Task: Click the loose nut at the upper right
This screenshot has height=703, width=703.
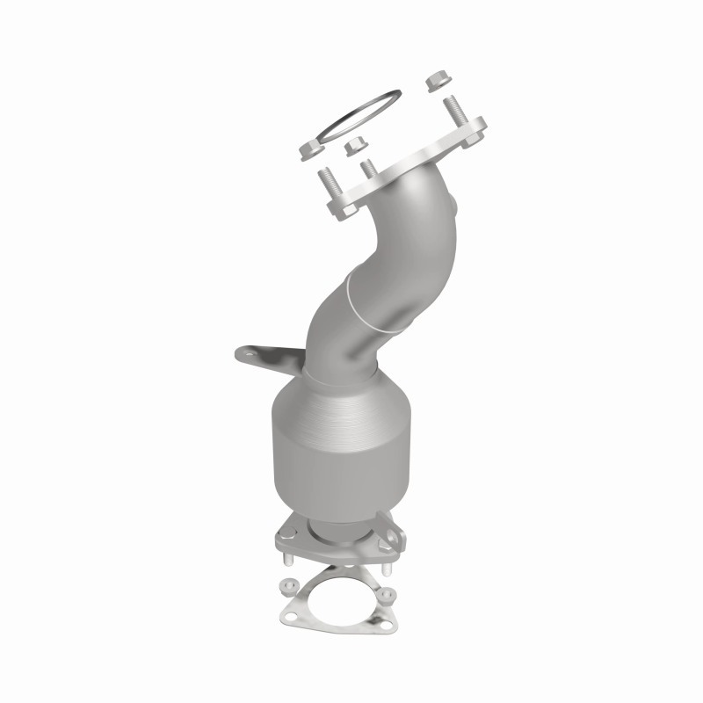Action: (x=438, y=81)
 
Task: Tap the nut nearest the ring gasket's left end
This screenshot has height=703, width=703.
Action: (x=310, y=149)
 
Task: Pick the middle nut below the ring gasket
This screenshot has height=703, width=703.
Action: (x=356, y=147)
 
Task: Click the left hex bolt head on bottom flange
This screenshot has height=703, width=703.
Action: (x=286, y=533)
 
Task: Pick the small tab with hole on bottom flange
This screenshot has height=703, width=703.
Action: (x=394, y=536)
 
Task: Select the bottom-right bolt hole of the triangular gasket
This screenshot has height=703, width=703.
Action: (x=386, y=625)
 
